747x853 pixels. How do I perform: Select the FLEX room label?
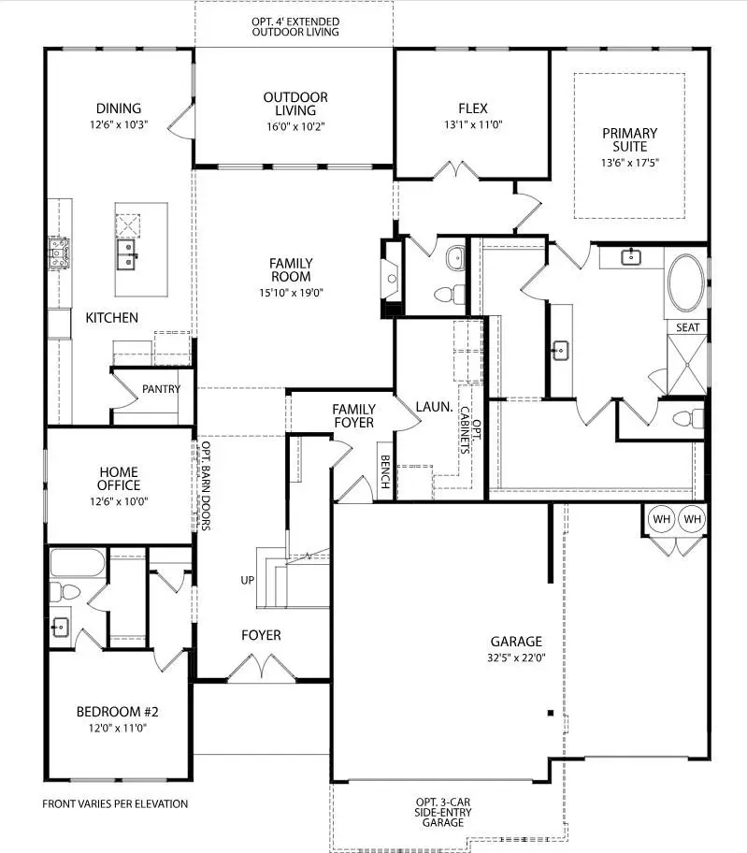(x=473, y=108)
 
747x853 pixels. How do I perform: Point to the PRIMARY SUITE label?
(x=629, y=139)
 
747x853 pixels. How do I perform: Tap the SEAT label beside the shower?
(x=687, y=327)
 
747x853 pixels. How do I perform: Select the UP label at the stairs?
(x=248, y=580)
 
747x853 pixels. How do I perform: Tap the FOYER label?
(x=261, y=635)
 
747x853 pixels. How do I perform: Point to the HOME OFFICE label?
(x=119, y=478)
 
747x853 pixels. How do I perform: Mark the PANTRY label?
(x=161, y=389)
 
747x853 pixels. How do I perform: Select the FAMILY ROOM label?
(x=292, y=270)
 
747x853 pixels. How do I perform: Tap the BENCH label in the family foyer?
(x=384, y=472)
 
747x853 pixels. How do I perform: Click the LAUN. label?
(x=435, y=408)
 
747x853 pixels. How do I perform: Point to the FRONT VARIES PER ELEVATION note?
(x=115, y=803)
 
